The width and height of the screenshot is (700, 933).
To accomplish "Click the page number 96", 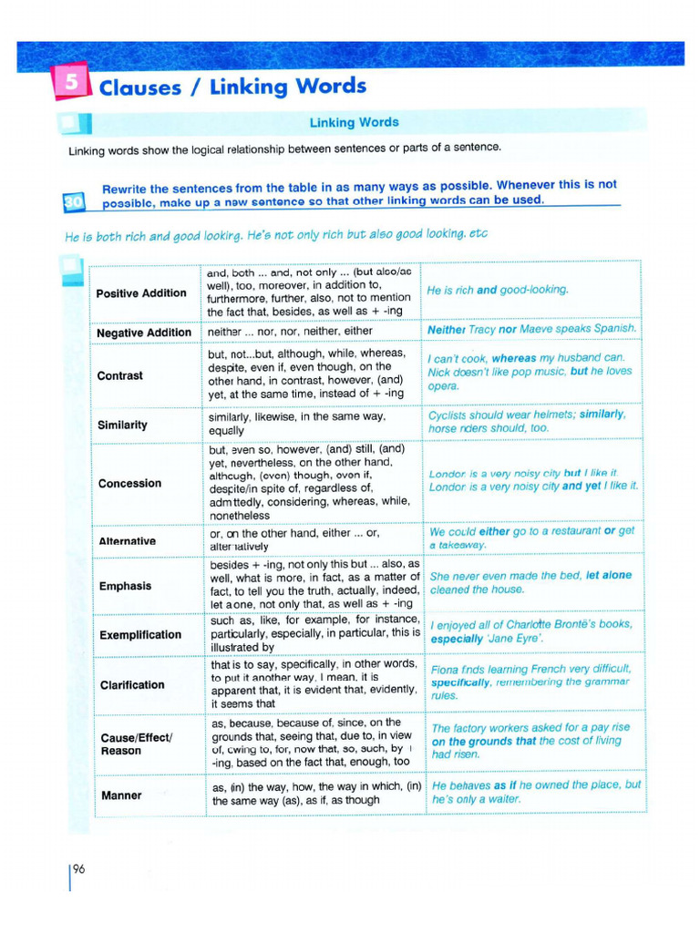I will pyautogui.click(x=78, y=869).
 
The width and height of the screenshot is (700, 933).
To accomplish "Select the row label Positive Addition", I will pyautogui.click(x=141, y=293).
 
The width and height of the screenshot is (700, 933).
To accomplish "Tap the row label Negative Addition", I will pyautogui.click(x=144, y=333).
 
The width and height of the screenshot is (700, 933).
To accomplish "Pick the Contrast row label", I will pyautogui.click(x=120, y=375).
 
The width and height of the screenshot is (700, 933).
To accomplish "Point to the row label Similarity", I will pyautogui.click(x=122, y=425).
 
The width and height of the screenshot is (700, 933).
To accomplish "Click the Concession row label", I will pyautogui.click(x=129, y=483).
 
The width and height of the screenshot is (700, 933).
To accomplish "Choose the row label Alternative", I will pyautogui.click(x=127, y=541).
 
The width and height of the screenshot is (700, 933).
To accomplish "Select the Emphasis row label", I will pyautogui.click(x=125, y=586).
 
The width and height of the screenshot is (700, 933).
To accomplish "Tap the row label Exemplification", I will pyautogui.click(x=139, y=634).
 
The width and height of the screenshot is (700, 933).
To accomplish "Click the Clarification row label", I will pyautogui.click(x=132, y=684).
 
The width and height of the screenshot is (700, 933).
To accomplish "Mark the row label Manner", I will pyautogui.click(x=121, y=795).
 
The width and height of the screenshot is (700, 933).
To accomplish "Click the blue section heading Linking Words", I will pyautogui.click(x=354, y=122).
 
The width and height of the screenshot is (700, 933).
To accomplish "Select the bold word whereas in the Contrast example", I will pyautogui.click(x=513, y=358).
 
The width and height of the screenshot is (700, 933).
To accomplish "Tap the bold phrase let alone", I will pyautogui.click(x=609, y=576).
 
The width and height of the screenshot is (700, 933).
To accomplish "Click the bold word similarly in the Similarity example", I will pyautogui.click(x=602, y=415).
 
